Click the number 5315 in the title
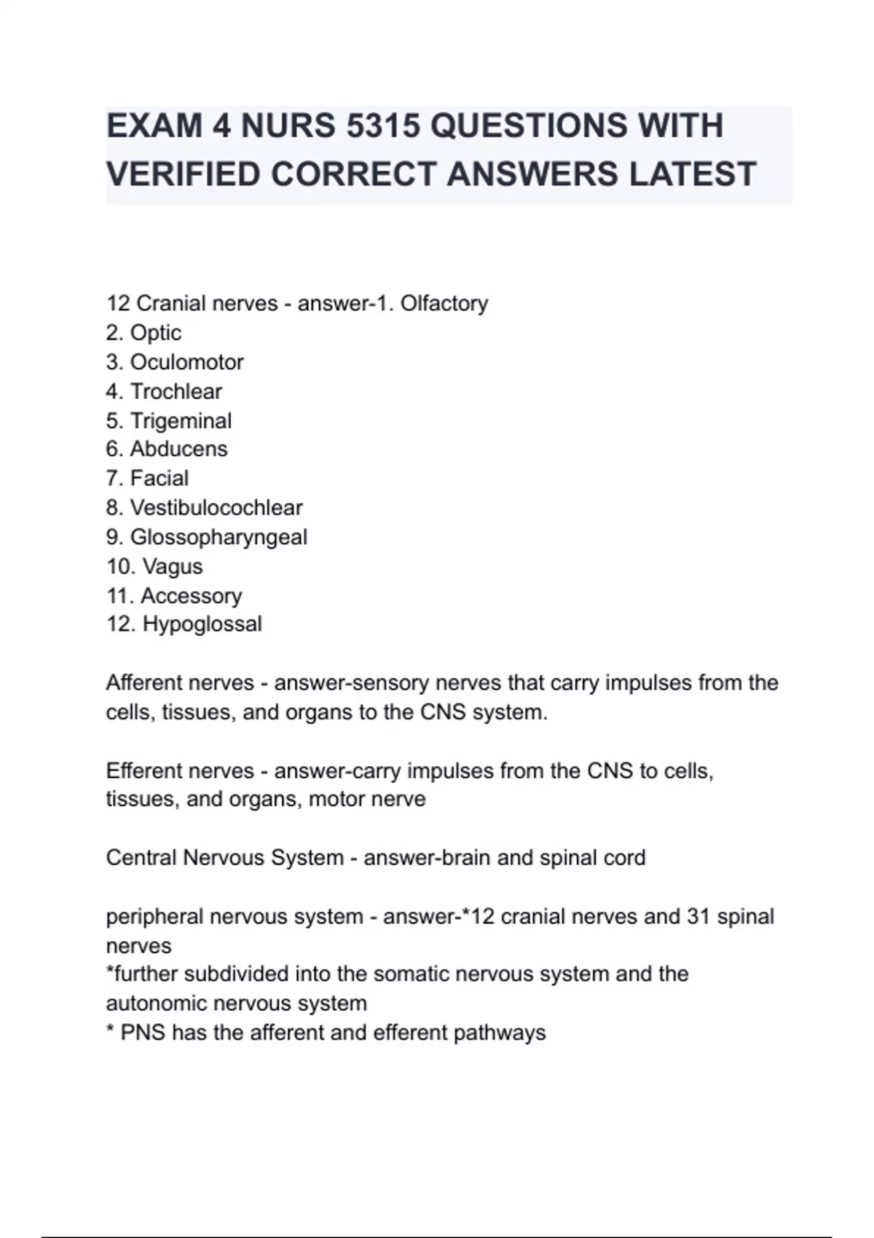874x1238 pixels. pyautogui.click(x=383, y=126)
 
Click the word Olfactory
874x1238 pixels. pyautogui.click(x=444, y=303)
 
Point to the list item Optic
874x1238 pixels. pyautogui.click(x=155, y=333)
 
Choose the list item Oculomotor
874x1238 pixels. pyautogui.click(x=186, y=362)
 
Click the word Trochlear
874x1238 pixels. pyautogui.click(x=176, y=391)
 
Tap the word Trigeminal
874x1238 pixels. pyautogui.click(x=181, y=420)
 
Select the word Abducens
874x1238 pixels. pyautogui.click(x=178, y=449)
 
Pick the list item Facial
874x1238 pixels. pyautogui.click(x=159, y=478)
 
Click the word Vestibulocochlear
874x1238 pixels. pyautogui.click(x=216, y=508)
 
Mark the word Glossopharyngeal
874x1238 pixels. pyautogui.click(x=219, y=537)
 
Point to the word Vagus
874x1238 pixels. pyautogui.click(x=173, y=566)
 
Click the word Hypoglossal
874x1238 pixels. pyautogui.click(x=202, y=624)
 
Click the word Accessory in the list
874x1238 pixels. pyautogui.click(x=191, y=596)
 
